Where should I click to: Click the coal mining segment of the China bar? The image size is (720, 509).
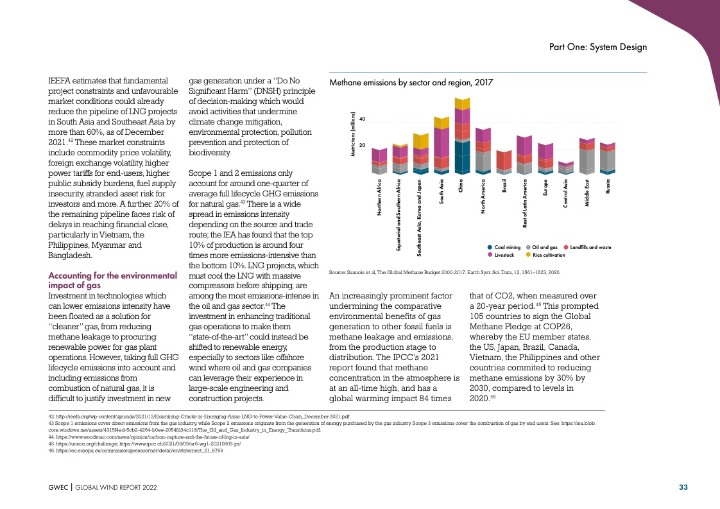coord(462,157)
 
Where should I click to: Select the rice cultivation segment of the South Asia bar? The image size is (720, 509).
coord(441,122)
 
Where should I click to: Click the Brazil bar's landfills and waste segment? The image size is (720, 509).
coord(504,160)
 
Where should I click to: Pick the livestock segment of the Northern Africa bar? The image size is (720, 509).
coord(379,155)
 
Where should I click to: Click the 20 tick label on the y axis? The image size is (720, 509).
coord(362,146)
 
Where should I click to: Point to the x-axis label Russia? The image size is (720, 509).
coord(608,186)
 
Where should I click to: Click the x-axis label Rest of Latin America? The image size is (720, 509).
coord(525,203)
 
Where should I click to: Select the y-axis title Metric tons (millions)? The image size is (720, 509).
coord(354,134)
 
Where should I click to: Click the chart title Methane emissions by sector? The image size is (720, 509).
coord(411,83)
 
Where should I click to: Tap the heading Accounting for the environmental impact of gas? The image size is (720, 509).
coord(112,280)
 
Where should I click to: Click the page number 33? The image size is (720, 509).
coord(683,487)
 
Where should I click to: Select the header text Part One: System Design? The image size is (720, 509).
coord(598,47)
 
